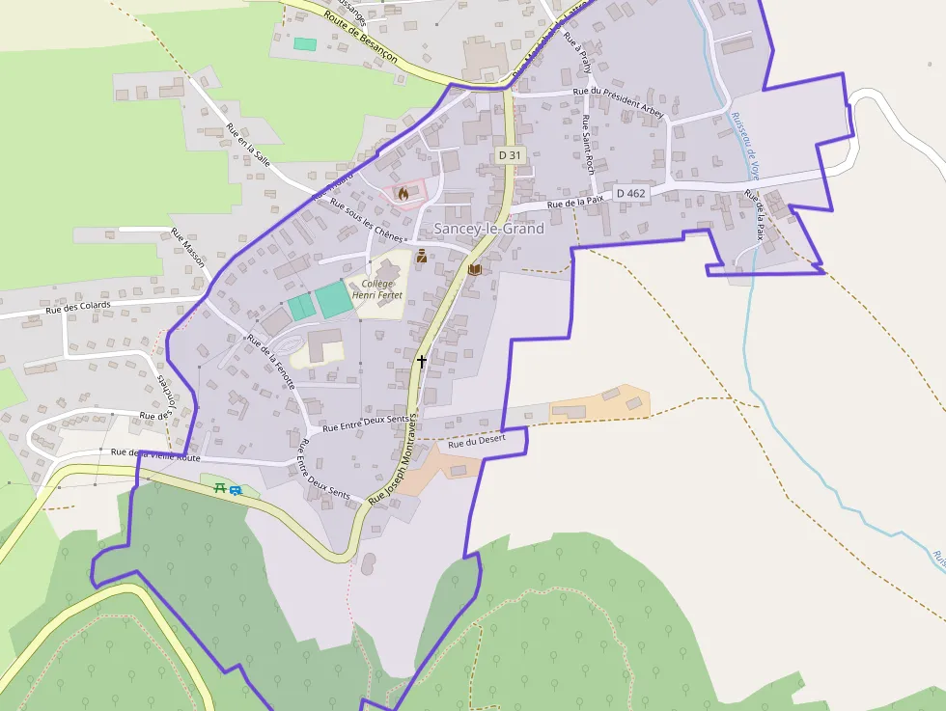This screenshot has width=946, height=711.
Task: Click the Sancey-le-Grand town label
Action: (x=488, y=229)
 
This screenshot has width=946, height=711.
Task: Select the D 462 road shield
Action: (x=629, y=193)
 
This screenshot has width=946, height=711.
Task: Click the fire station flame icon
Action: (x=403, y=193)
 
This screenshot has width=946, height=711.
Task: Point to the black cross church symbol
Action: (x=421, y=361)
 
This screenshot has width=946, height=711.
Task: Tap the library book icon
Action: (x=474, y=270)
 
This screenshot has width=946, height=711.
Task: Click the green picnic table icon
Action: (x=220, y=488)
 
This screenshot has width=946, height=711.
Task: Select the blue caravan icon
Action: (x=236, y=491)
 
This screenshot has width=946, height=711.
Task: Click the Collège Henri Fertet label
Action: (x=376, y=288)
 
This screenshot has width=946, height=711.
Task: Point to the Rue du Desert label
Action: (x=477, y=442)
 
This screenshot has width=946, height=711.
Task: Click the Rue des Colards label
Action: (x=78, y=308)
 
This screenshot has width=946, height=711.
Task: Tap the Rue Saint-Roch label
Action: (x=587, y=143)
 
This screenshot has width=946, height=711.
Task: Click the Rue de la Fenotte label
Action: (x=270, y=361)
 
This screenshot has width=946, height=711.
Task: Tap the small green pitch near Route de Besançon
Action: (x=305, y=44)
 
